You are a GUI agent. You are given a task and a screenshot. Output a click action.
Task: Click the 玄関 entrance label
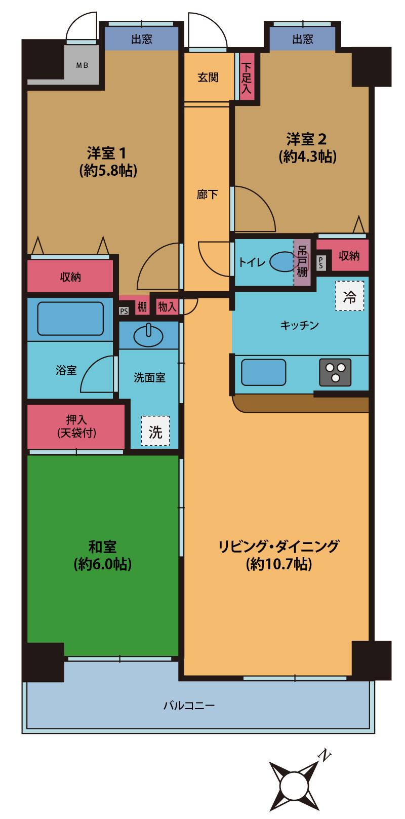[x=208, y=77]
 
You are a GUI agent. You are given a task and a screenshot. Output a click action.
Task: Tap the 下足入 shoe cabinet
[x=247, y=77]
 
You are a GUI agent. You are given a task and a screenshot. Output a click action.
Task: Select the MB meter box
[x=82, y=65]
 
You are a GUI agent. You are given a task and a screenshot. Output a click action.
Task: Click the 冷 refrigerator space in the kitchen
[x=349, y=296]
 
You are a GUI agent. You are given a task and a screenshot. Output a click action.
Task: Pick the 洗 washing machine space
[x=155, y=431]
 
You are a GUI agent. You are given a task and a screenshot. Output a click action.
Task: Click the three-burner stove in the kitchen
[x=335, y=372]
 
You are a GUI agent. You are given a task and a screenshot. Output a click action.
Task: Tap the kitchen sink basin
[x=263, y=372]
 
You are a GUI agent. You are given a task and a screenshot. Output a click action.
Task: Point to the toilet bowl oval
[x=281, y=262]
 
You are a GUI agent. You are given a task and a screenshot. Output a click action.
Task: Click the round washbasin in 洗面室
[x=148, y=333]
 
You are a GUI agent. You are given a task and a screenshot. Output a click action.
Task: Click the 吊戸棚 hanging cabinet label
[x=302, y=262]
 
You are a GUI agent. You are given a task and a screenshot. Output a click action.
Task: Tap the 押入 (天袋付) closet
[x=76, y=426]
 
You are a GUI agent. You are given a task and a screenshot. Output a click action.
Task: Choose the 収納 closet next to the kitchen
[x=349, y=256]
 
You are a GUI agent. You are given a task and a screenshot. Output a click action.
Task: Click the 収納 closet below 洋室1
[x=70, y=277]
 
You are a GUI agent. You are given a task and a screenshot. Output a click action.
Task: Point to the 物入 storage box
[x=168, y=307]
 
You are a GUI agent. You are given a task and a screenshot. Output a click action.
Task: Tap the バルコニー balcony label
[x=189, y=705]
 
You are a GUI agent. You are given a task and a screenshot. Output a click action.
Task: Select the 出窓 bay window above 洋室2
[x=303, y=39]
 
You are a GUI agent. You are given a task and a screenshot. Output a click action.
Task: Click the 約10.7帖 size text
[x=278, y=564]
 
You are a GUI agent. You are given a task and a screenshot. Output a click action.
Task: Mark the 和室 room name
[x=103, y=547]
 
